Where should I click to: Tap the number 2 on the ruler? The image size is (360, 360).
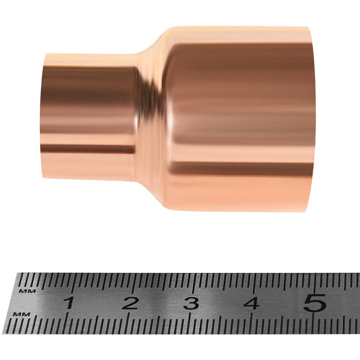(x=129, y=303)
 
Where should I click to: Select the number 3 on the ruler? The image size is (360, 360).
(x=191, y=303)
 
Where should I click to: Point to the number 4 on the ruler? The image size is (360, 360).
(x=251, y=303)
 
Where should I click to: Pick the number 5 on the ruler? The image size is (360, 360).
(x=314, y=302)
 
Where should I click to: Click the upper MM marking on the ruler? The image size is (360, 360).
(x=28, y=292)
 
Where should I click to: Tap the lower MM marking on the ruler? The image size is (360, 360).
(x=22, y=314)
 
